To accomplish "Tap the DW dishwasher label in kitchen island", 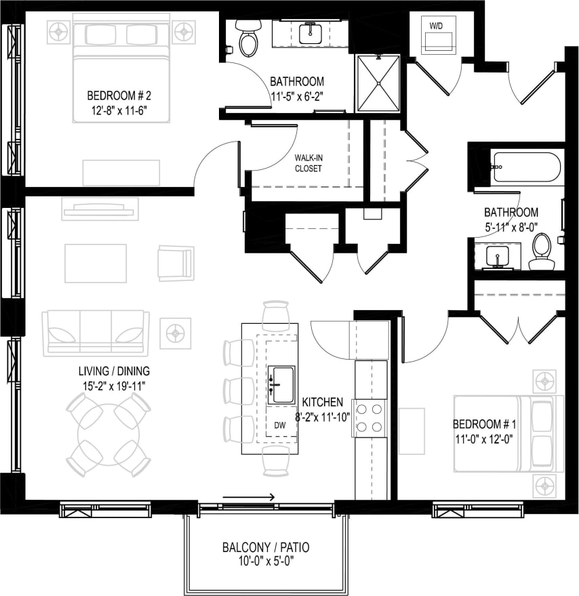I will (280, 425).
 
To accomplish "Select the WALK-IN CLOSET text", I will (308, 163).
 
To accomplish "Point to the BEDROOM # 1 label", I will (484, 425).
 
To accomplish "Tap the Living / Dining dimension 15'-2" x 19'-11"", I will (113, 385).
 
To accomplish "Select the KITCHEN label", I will (323, 402).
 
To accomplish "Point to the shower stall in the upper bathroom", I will (379, 83).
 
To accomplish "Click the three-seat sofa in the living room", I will (96, 333).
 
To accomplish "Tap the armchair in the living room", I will (176, 263).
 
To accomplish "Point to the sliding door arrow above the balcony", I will (248, 498).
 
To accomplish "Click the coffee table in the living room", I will (96, 263).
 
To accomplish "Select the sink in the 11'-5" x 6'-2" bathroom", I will (311, 31).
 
